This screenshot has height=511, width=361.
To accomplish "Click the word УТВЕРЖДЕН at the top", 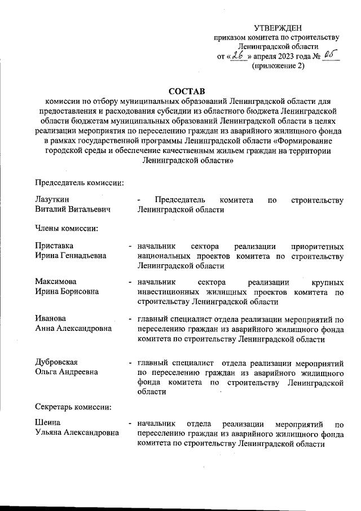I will coord(278,28).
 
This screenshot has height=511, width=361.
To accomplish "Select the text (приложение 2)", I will coord(278,65).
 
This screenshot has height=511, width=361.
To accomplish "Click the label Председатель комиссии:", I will coord(80,182).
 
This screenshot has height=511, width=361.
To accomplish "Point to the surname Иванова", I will coord(51,318).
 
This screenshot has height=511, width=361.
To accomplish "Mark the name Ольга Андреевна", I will coord(66,372).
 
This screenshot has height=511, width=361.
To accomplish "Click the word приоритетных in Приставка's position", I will coord(316,246).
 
